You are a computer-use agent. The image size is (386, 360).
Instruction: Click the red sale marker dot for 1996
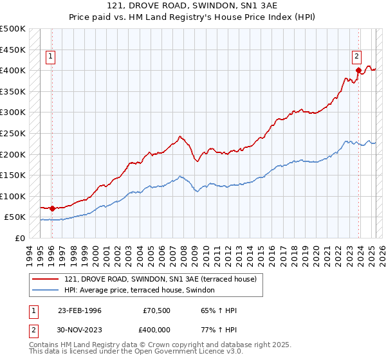click(52, 208)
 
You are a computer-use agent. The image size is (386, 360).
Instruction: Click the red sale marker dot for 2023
click(358, 70)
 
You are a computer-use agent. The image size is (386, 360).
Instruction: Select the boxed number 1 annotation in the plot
click(51, 57)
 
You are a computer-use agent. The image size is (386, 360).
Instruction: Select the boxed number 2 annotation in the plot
click(356, 57)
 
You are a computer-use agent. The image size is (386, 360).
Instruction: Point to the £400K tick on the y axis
click(13, 70)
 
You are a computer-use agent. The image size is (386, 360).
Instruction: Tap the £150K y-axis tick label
click(13, 175)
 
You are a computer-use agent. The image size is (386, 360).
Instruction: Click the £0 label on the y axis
click(19, 238)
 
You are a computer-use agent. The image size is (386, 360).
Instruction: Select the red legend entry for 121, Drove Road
click(160, 279)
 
